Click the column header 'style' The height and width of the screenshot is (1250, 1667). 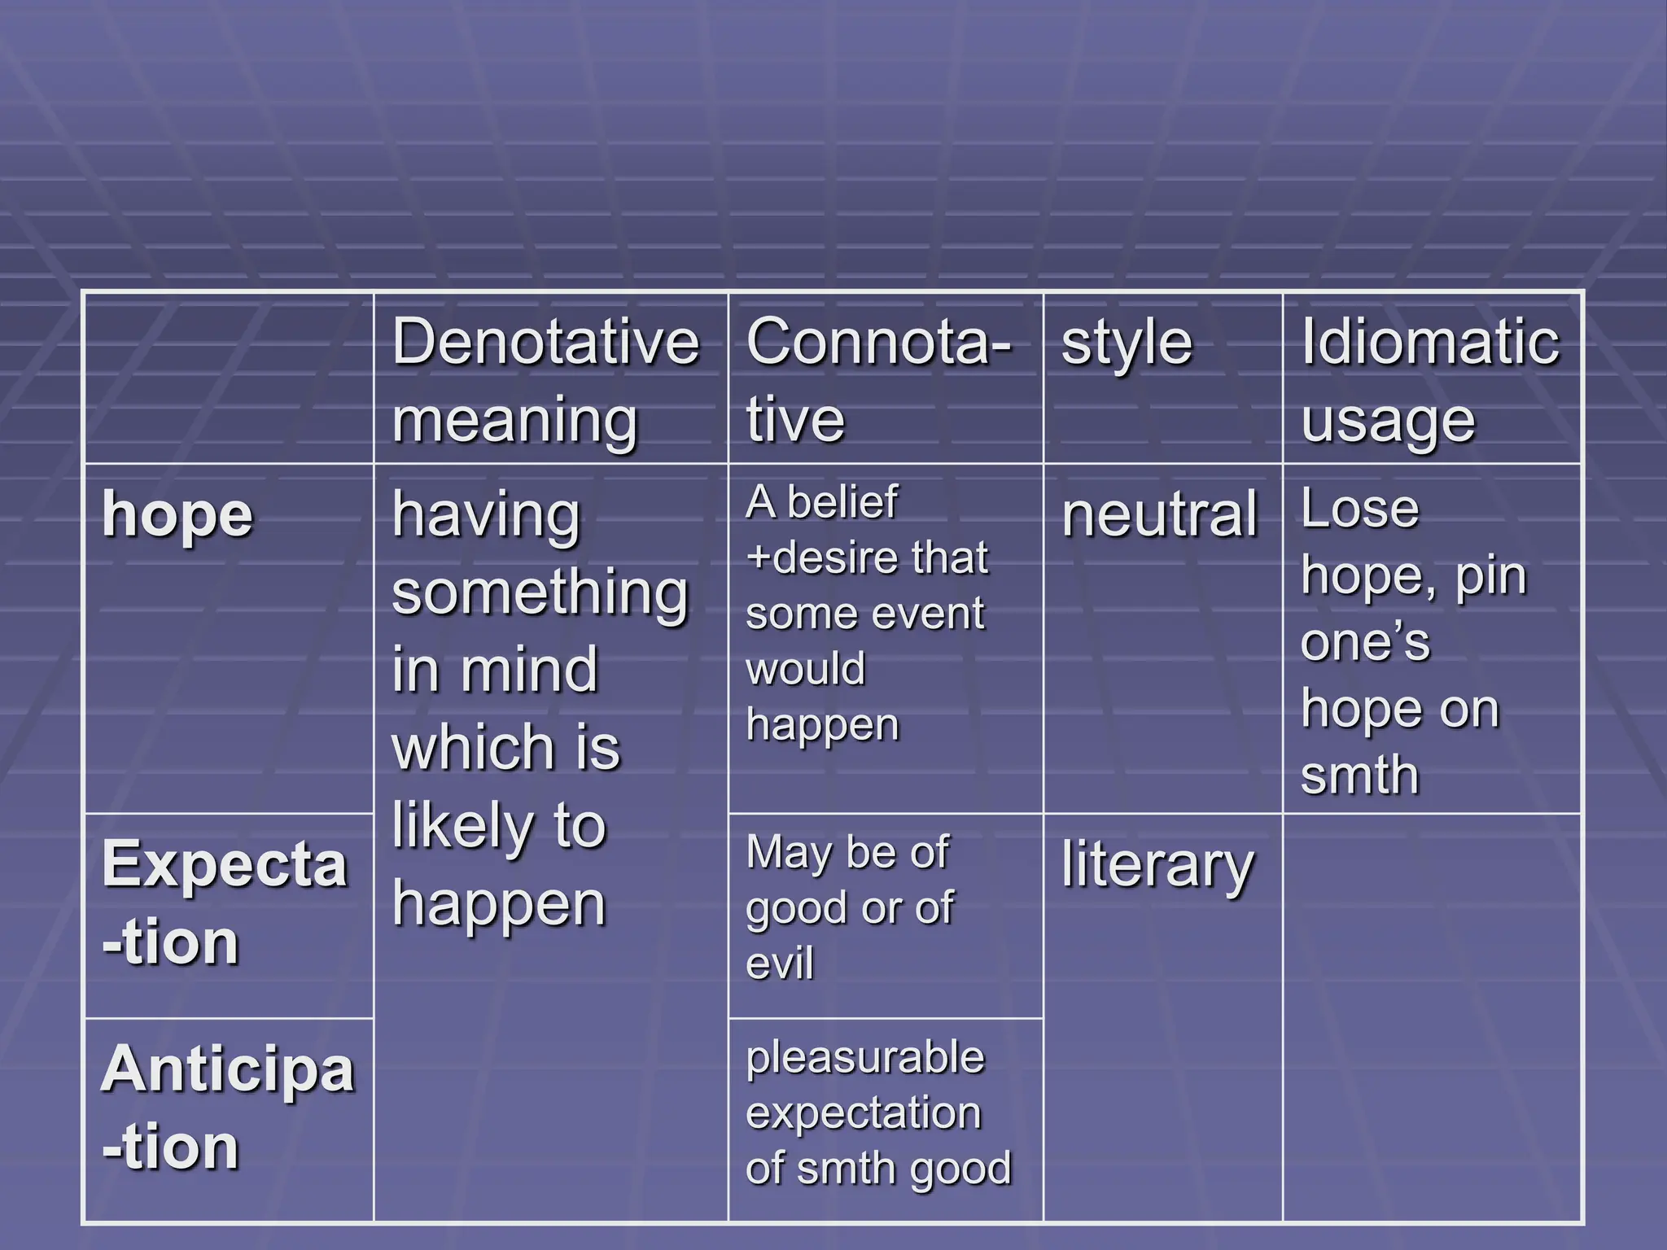pyautogui.click(x=1127, y=343)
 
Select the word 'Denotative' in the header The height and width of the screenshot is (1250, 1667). pyautogui.click(x=545, y=342)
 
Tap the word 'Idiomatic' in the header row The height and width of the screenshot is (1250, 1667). pyautogui.click(x=1429, y=342)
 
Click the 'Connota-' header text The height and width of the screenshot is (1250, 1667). pyautogui.click(x=879, y=342)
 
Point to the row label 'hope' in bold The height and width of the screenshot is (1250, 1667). pyautogui.click(x=177, y=516)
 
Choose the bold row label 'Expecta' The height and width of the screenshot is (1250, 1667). pyautogui.click(x=225, y=864)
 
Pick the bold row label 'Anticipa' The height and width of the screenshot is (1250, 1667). pyautogui.click(x=228, y=1069)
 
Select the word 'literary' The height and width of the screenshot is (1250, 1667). pyautogui.click(x=1157, y=866)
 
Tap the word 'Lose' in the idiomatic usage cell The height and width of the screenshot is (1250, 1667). pyautogui.click(x=1359, y=509)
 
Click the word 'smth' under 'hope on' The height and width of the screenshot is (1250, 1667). pyautogui.click(x=1359, y=775)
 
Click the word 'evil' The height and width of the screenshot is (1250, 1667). pyautogui.click(x=779, y=964)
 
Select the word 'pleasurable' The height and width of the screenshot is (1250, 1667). pyautogui.click(x=865, y=1058)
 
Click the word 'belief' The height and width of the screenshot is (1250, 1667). pyautogui.click(x=842, y=502)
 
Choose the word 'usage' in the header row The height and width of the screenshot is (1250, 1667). pyautogui.click(x=1387, y=422)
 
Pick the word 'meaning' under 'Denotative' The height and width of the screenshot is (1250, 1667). pyautogui.click(x=514, y=422)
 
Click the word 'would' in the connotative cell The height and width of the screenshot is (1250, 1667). pyautogui.click(x=805, y=670)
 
